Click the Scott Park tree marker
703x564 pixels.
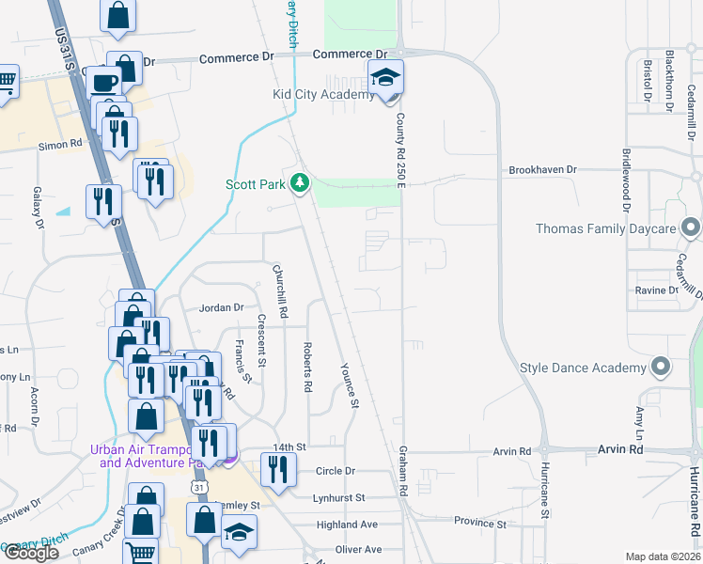300,182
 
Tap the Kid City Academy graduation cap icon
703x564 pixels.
385,79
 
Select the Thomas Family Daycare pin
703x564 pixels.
692,228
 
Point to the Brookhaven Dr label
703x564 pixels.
542,170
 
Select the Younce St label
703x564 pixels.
351,386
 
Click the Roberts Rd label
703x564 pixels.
307,366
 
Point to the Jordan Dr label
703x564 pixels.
221,307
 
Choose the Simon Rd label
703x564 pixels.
60,146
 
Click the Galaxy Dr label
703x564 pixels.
39,207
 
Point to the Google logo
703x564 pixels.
31,552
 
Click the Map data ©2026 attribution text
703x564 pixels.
664,556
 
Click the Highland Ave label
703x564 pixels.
347,525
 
